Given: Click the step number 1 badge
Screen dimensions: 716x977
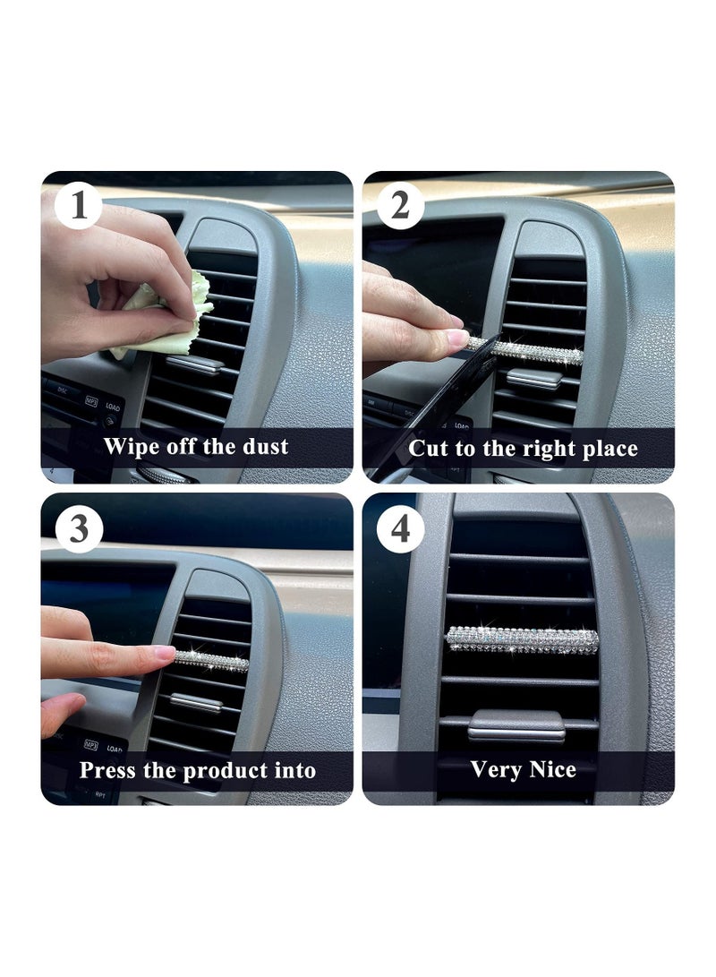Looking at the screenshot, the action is (x=79, y=205).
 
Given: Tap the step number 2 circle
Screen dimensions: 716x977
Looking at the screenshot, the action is (x=400, y=205).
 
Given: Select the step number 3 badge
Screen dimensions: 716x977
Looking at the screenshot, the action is (x=79, y=529).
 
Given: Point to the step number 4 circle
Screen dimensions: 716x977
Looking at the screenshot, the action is (x=400, y=529).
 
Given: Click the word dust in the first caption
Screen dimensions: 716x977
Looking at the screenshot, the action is (x=265, y=446).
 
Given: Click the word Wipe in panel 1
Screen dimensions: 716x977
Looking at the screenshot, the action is (x=125, y=448).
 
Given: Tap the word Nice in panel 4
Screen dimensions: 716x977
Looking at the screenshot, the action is (x=551, y=769).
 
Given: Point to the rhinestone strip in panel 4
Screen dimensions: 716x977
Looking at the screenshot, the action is (x=523, y=640).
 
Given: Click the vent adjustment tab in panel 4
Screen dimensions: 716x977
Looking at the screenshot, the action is (x=516, y=725).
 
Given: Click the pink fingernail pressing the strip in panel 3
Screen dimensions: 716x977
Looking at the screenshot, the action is (x=165, y=653).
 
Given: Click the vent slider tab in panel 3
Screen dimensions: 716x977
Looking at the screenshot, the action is (x=195, y=703).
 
